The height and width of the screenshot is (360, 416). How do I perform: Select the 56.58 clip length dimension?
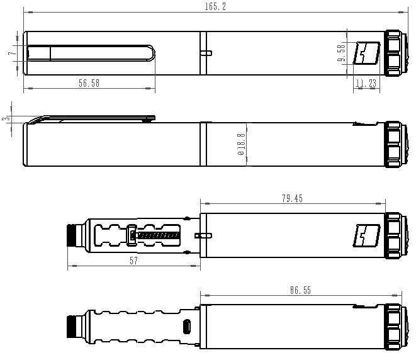coord(89,83)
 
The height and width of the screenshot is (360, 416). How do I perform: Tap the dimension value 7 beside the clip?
coord(11,53)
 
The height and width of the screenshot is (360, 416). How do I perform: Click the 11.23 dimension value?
coord(366,83)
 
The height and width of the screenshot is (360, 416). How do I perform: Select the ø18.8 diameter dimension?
coord(240,145)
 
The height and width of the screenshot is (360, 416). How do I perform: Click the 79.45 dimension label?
coord(292,198)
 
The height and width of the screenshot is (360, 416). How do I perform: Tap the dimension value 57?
coord(133,261)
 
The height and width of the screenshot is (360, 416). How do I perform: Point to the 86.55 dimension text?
coord(300,291)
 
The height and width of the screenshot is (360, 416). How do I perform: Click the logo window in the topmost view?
coord(366,53)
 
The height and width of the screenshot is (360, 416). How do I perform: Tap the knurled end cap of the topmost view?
coord(394,53)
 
